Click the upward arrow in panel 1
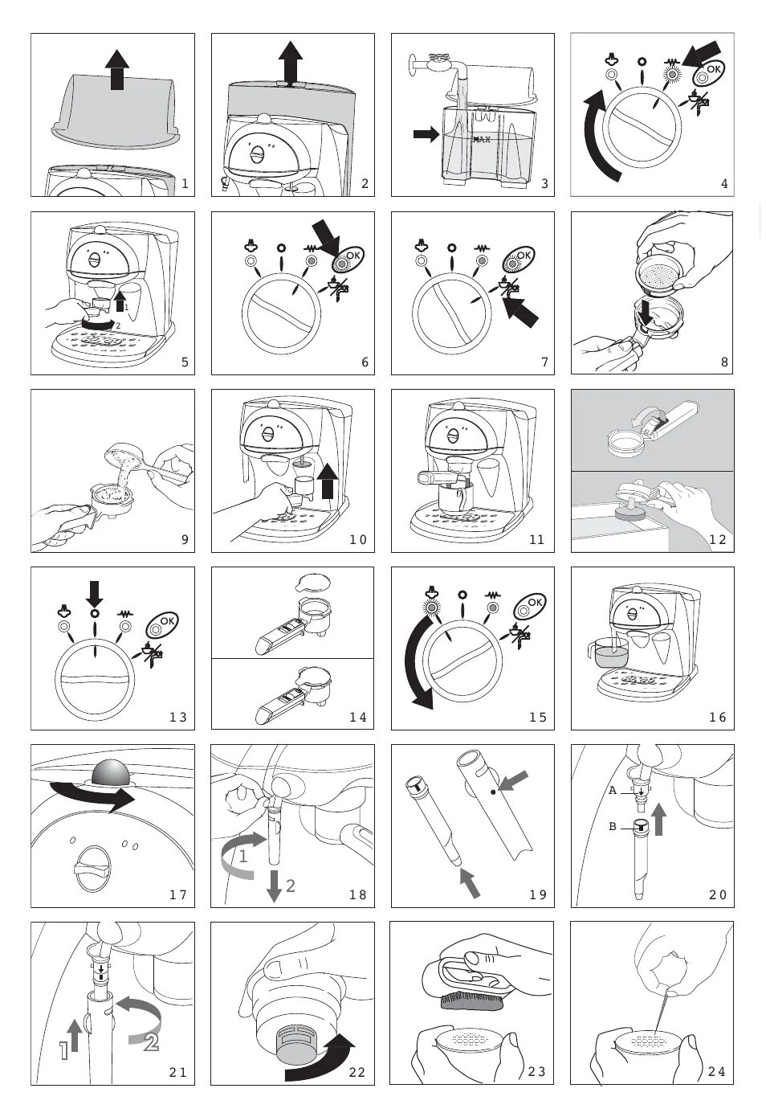click(x=117, y=69)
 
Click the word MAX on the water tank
click(x=482, y=139)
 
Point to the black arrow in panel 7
click(x=521, y=310)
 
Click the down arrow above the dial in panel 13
click(x=94, y=593)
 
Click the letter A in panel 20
click(x=613, y=791)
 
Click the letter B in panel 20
click(x=613, y=827)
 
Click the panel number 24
click(x=716, y=1070)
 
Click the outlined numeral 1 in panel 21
click(x=64, y=1050)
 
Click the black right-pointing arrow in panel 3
click(x=426, y=133)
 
